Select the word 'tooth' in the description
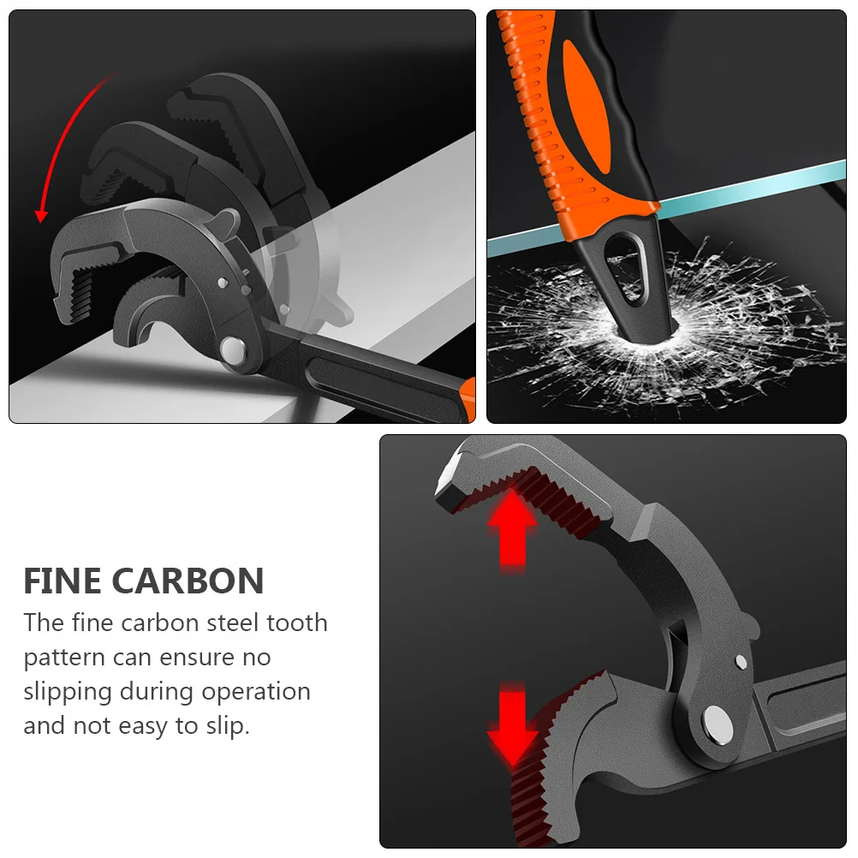point(296,623)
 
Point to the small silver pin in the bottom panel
point(741,660)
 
